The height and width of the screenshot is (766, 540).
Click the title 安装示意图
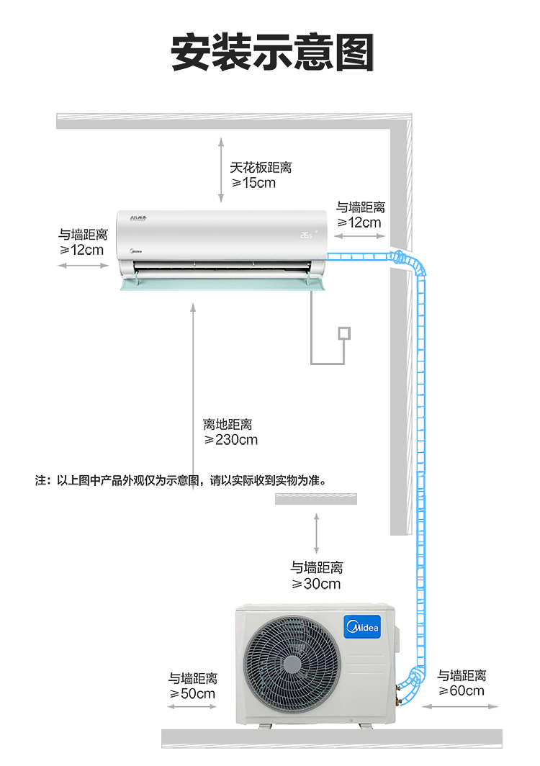272,52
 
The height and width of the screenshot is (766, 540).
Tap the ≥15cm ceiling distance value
253,183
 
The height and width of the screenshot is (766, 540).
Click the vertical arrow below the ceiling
221,170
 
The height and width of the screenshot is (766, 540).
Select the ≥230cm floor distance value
230,440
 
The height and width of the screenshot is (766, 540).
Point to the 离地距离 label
228,424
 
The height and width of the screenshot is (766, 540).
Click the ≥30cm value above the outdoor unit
316,583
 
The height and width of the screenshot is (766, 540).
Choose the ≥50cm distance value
192,693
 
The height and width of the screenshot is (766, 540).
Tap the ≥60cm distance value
462,690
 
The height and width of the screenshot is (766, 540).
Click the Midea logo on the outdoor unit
362,627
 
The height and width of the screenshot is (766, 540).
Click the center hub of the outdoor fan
292,664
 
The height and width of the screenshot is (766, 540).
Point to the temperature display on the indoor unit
307,235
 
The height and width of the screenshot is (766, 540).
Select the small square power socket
344,333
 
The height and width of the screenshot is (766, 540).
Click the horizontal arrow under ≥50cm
192,706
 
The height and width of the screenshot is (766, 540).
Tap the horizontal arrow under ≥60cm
460,706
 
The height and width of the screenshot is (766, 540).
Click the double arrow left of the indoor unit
83,265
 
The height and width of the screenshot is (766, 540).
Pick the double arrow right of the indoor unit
360,236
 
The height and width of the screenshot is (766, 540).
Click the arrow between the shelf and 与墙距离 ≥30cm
316,533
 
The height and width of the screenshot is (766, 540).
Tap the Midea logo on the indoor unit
136,251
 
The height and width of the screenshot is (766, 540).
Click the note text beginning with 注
180,480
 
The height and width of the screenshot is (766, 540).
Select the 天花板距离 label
261,168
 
